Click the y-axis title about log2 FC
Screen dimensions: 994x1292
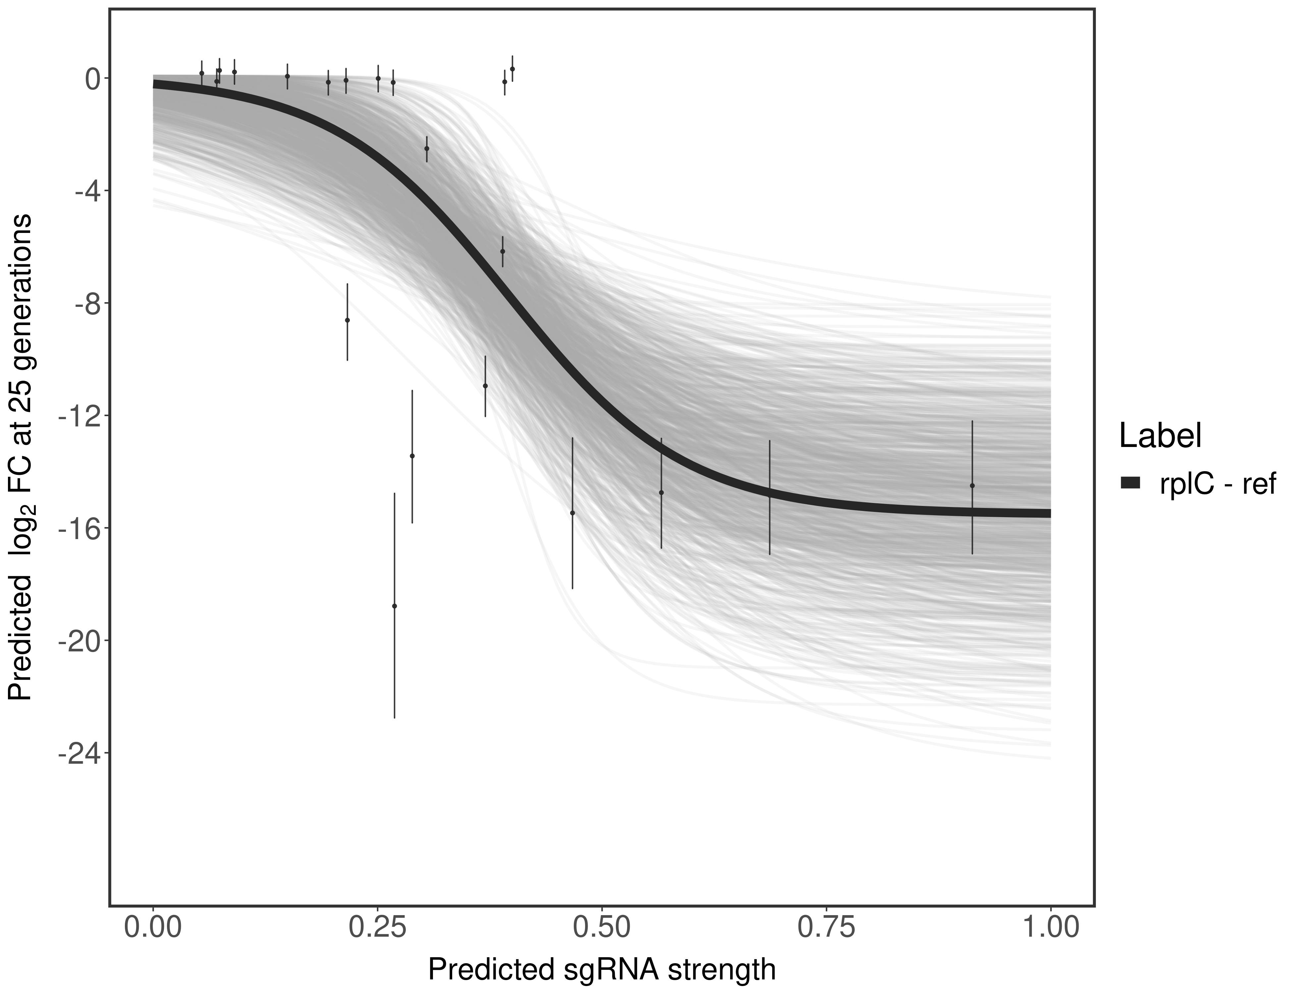click(23, 459)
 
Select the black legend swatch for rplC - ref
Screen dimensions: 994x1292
click(1130, 483)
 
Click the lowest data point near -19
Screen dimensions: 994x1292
click(395, 606)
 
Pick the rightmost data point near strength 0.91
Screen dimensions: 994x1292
click(972, 486)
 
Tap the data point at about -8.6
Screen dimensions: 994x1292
click(347, 320)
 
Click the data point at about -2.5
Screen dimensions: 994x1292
click(427, 148)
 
